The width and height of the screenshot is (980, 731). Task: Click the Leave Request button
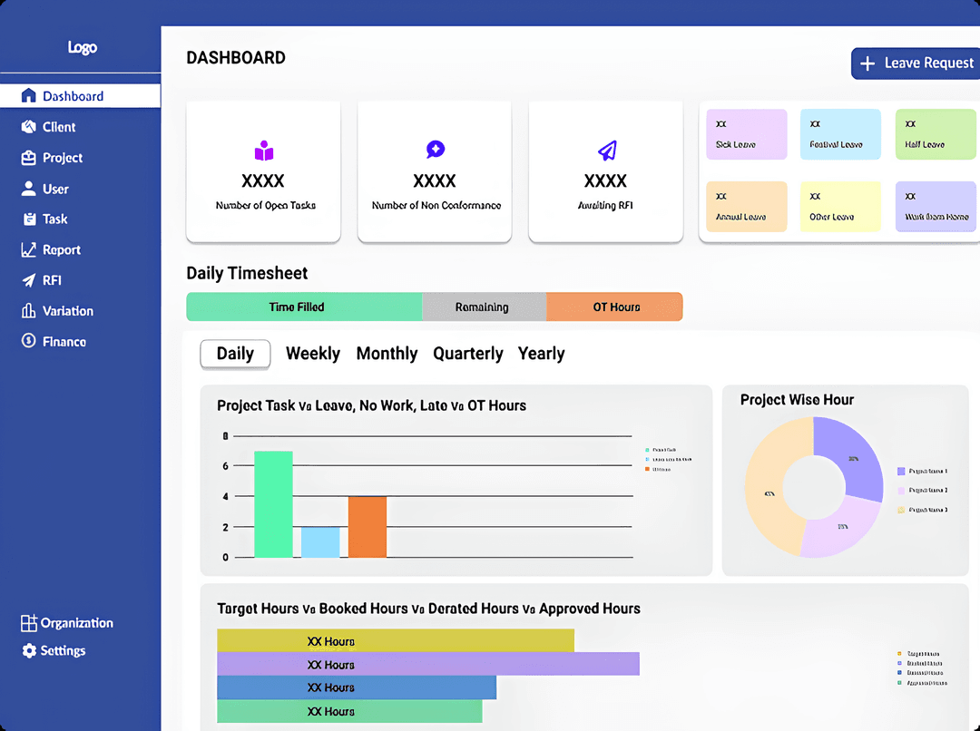pos(915,63)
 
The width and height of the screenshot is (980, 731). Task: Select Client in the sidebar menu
pos(59,127)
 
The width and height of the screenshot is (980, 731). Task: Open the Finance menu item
pos(64,342)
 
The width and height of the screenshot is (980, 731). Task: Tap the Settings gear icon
pos(29,651)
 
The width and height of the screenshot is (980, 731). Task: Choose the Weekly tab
pos(312,354)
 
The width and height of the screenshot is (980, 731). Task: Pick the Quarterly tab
pos(467,354)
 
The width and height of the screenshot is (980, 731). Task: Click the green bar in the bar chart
pos(273,504)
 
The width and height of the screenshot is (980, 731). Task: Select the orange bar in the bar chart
pos(367,527)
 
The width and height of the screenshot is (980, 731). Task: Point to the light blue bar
pos(320,542)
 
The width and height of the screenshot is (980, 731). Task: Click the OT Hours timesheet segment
pos(615,307)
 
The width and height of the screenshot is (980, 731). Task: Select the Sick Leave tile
pos(746,135)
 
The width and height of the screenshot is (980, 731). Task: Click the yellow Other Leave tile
pos(840,207)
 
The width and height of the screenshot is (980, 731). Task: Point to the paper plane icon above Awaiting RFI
pos(606,151)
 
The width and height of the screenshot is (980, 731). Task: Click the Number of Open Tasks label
pos(265,206)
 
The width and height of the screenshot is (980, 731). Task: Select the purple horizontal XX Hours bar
pos(428,665)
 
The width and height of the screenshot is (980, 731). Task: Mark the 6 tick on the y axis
pos(226,466)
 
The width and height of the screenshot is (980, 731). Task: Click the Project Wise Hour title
pos(797,400)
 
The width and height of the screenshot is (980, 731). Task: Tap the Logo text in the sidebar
pos(82,48)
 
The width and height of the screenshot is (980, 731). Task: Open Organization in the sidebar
pos(76,623)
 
